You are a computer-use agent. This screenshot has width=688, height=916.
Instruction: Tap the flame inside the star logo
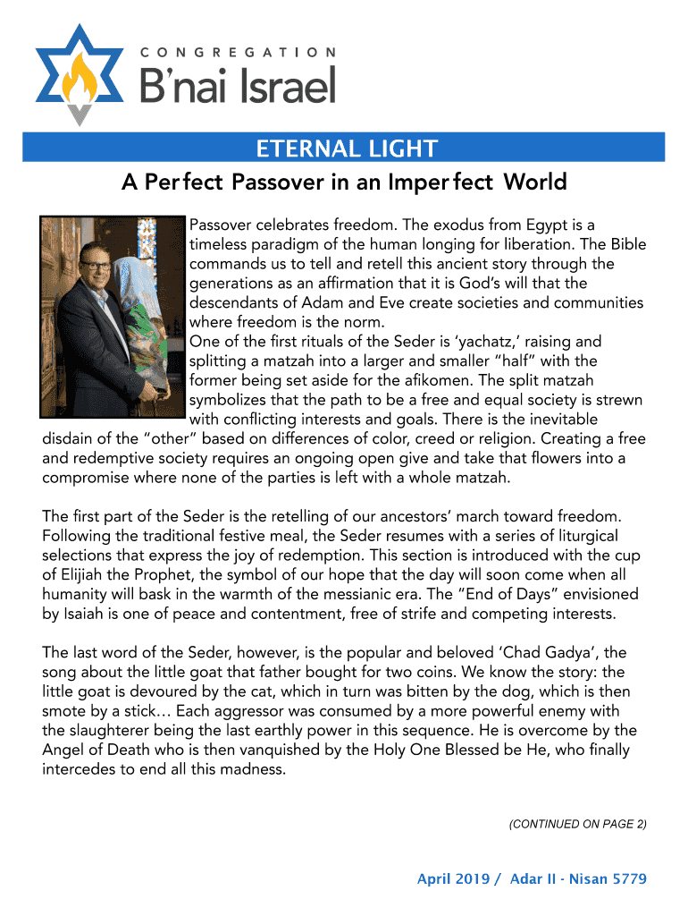[80, 73]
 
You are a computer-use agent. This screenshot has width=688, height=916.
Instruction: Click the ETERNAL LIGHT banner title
[346, 148]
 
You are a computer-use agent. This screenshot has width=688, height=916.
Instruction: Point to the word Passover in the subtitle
[277, 182]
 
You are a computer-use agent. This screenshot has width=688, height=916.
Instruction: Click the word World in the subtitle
[534, 182]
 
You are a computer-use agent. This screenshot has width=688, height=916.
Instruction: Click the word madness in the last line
[255, 768]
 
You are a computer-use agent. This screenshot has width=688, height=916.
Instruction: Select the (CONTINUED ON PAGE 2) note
[577, 824]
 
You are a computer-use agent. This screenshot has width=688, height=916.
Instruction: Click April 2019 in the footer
[453, 879]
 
